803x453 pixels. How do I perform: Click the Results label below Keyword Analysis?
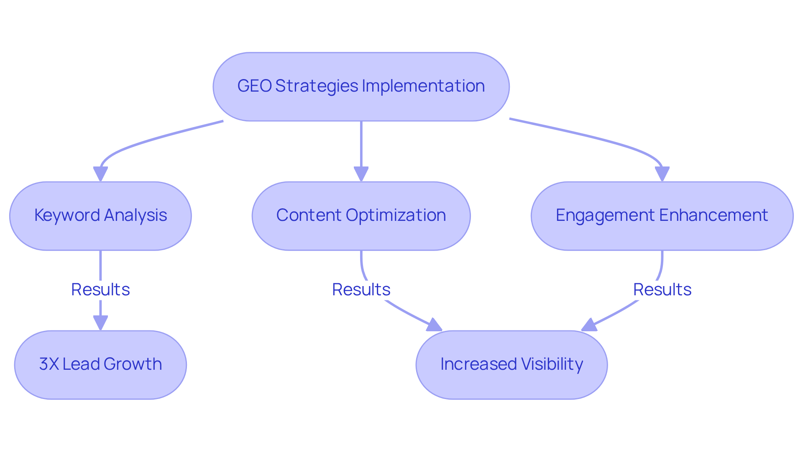(100, 289)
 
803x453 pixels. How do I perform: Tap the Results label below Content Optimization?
(361, 289)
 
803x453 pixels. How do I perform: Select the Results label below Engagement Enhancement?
(662, 289)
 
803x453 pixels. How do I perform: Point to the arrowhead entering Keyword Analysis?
(100, 174)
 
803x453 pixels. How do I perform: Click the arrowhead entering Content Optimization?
(361, 174)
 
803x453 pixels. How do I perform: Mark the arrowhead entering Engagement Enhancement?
(662, 174)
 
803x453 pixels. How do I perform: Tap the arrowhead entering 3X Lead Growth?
(100, 322)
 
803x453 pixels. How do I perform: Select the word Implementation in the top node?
(423, 86)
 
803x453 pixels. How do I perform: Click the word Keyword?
(67, 215)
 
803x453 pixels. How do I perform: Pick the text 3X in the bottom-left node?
(49, 364)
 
